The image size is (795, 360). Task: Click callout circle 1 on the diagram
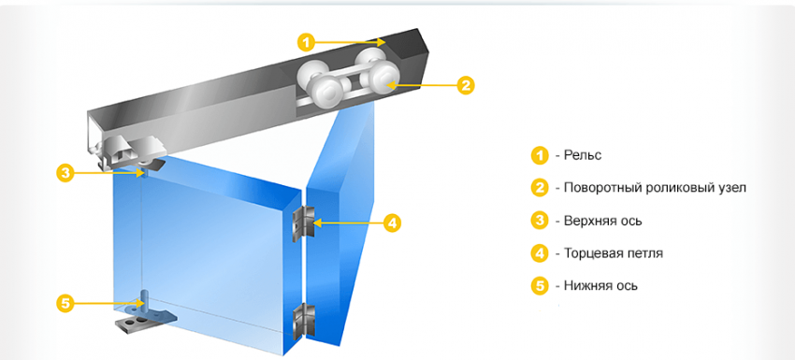pyautogui.click(x=306, y=42)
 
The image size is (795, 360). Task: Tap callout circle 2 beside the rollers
pyautogui.click(x=466, y=85)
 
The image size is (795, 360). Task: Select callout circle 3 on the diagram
pyautogui.click(x=65, y=173)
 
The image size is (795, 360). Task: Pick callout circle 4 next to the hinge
pyautogui.click(x=392, y=223)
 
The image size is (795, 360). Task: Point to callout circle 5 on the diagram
pyautogui.click(x=65, y=304)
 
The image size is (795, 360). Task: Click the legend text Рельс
pyautogui.click(x=583, y=155)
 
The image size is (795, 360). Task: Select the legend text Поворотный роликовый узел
pyautogui.click(x=655, y=188)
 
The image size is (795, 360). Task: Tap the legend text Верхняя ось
pyautogui.click(x=603, y=221)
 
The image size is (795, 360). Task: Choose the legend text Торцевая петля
pyautogui.click(x=614, y=253)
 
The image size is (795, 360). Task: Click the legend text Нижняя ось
pyautogui.click(x=600, y=285)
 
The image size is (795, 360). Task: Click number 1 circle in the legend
pyautogui.click(x=540, y=155)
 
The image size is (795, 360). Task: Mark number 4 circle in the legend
pyautogui.click(x=540, y=253)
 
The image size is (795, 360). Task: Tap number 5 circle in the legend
pyautogui.click(x=540, y=285)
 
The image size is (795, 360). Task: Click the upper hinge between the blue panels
pyautogui.click(x=303, y=223)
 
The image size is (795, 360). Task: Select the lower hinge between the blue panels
pyautogui.click(x=303, y=321)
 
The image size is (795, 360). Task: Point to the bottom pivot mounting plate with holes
pyautogui.click(x=143, y=322)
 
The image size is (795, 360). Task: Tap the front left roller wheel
pyautogui.click(x=326, y=92)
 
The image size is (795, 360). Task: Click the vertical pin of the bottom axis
pyautogui.click(x=143, y=300)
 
